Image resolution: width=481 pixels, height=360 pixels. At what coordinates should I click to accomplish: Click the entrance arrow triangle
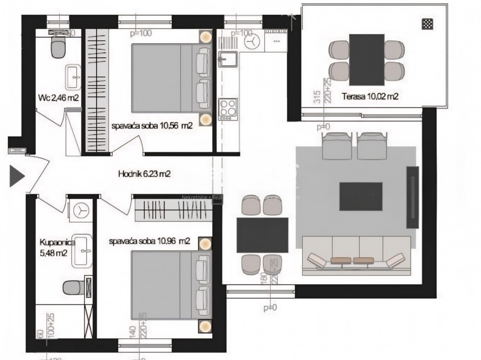click(16, 176)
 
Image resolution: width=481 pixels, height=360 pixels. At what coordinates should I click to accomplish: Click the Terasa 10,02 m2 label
click(370, 96)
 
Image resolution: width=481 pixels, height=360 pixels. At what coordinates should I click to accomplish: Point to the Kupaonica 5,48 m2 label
click(53, 247)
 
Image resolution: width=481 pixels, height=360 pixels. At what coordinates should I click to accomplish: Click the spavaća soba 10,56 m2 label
click(152, 125)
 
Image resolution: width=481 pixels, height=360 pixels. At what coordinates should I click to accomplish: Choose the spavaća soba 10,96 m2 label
click(150, 241)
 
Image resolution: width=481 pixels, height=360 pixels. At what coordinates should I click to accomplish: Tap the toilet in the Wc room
click(59, 48)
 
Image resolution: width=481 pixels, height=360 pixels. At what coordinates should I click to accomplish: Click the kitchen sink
click(228, 60)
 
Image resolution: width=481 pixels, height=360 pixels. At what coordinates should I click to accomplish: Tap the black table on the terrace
click(367, 59)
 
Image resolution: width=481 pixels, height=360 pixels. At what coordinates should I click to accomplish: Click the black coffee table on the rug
click(361, 196)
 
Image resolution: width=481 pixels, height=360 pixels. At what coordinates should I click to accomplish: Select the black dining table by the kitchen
click(262, 235)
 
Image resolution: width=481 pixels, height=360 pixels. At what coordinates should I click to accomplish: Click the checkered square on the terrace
click(427, 24)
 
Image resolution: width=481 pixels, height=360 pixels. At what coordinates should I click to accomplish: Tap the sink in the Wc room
click(73, 78)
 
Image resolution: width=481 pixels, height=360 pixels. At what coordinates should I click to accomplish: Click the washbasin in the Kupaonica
click(82, 251)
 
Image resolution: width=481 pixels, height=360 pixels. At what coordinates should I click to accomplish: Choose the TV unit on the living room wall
click(412, 197)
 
